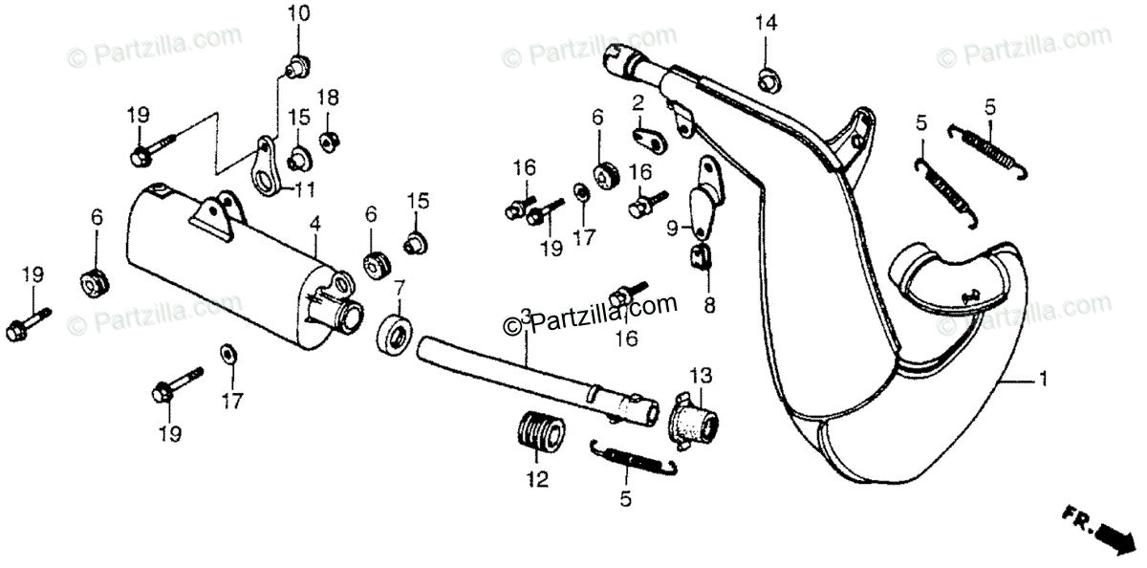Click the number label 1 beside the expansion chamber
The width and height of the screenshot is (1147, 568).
[x=1043, y=380]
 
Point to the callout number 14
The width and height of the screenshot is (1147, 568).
[x=766, y=23]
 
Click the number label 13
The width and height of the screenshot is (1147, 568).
[x=701, y=373]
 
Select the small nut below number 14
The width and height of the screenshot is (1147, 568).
[x=767, y=79]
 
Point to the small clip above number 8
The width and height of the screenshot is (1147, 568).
[x=699, y=256]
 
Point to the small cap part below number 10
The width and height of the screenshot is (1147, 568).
[x=296, y=66]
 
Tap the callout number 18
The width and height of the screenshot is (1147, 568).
[x=328, y=97]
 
